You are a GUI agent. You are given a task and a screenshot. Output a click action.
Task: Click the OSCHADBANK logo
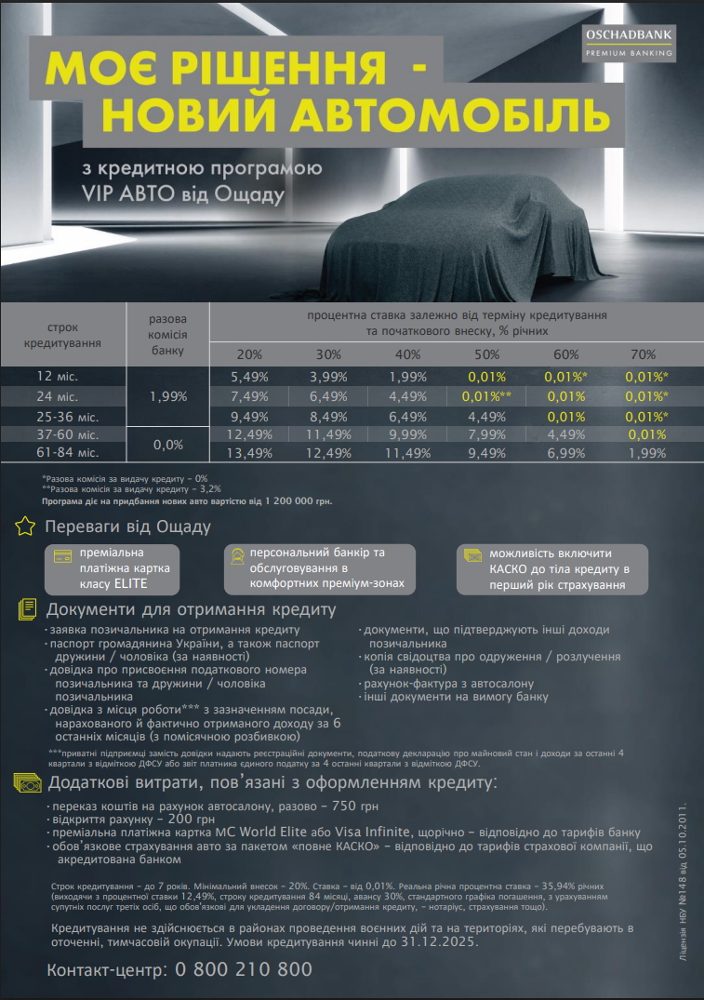629,44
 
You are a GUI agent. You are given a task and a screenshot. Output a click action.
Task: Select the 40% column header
407,354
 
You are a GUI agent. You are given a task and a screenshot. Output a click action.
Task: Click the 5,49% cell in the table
249,377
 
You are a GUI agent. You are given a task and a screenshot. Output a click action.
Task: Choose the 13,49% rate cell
249,453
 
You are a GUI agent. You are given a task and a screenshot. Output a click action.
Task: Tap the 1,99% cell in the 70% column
646,453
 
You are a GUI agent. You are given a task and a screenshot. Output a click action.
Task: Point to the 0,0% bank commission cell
167,445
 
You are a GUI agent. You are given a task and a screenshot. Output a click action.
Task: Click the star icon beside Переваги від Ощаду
25,527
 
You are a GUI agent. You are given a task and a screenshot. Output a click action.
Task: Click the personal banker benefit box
319,569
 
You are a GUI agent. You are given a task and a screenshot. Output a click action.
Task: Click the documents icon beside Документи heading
25,610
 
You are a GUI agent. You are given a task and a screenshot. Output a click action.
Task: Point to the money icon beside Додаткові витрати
26,782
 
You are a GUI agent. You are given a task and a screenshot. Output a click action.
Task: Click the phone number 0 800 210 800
236,969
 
